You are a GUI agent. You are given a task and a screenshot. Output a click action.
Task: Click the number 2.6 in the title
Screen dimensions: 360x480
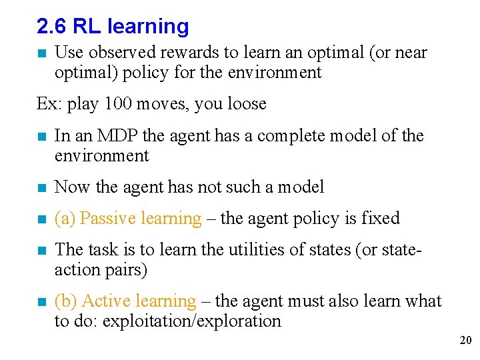click(51, 27)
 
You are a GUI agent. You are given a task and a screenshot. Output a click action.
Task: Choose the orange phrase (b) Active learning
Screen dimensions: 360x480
click(125, 301)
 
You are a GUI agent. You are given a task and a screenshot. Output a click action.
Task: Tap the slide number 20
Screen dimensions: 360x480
click(465, 341)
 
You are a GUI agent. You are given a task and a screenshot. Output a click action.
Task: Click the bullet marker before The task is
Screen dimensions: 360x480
click(41, 251)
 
